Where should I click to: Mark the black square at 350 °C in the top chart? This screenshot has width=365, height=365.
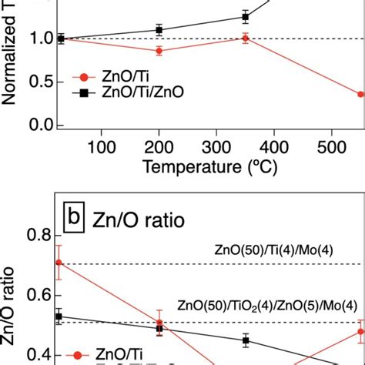pyautogui.click(x=246, y=17)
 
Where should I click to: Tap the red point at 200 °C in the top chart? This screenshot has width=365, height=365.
pyautogui.click(x=159, y=51)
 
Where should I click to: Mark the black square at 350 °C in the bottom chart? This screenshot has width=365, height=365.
pyautogui.click(x=246, y=340)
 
